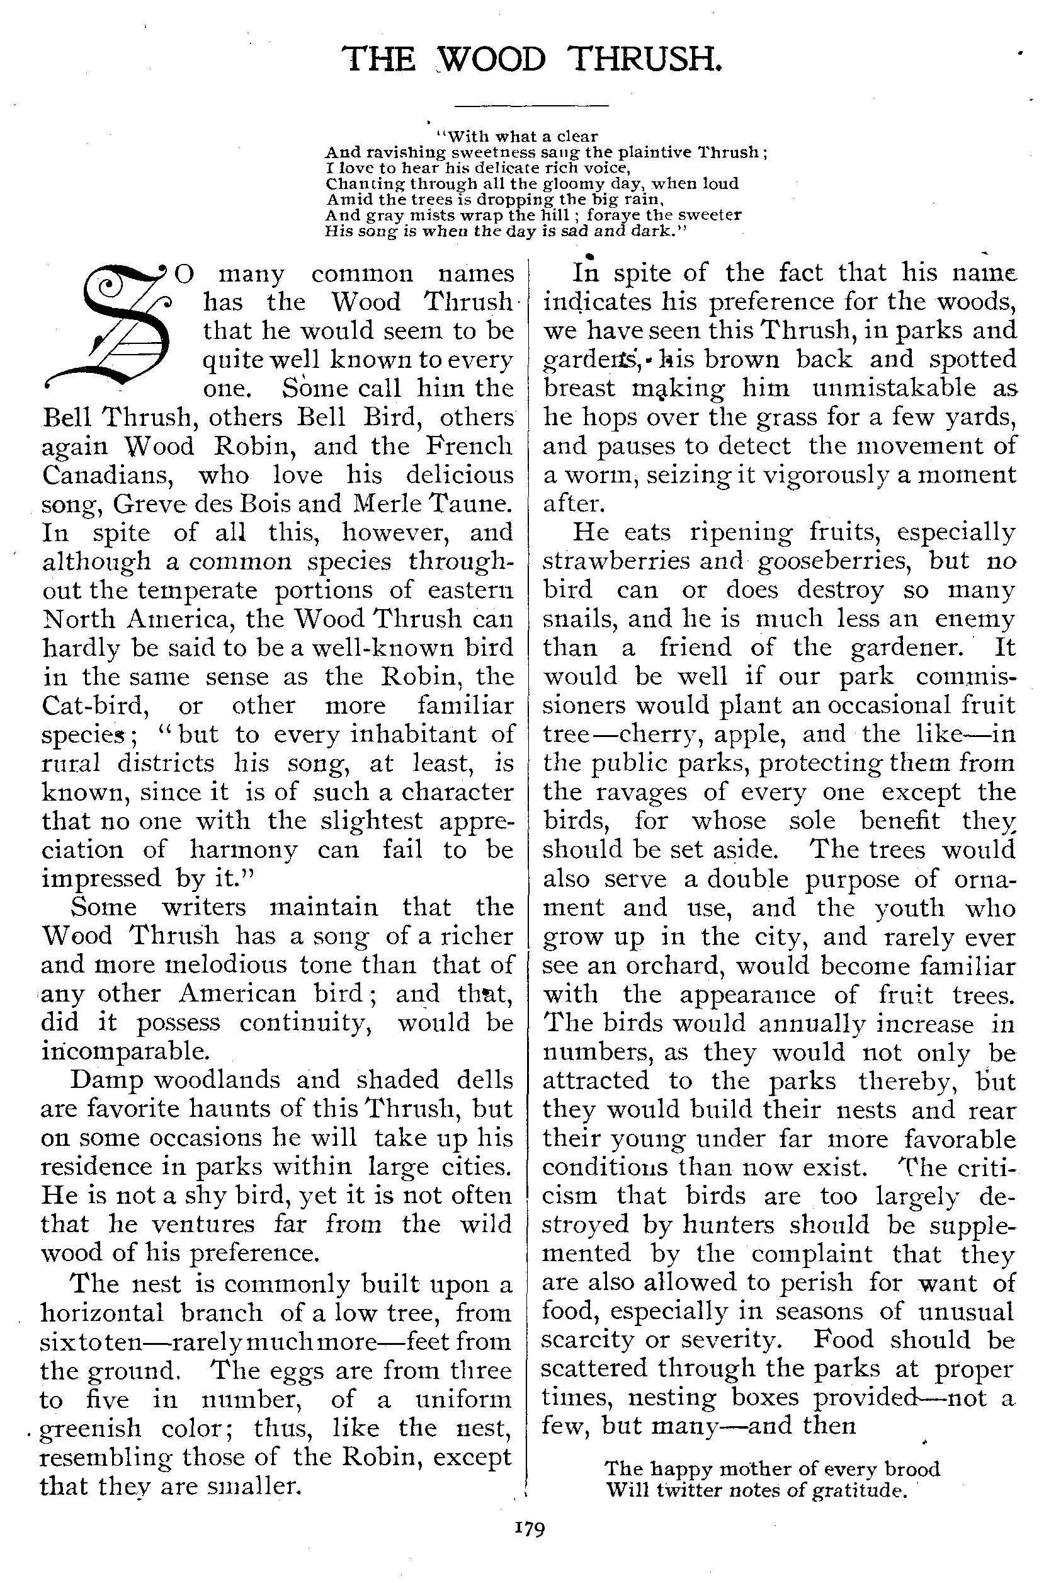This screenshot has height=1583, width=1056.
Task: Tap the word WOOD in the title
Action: click(492, 59)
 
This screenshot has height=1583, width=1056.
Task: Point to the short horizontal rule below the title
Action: click(531, 105)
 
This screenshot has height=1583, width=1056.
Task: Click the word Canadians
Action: click(108, 475)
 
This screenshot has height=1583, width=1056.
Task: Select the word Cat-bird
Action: click(95, 706)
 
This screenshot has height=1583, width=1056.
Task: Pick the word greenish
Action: click(90, 1428)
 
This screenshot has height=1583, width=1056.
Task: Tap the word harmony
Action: click(243, 849)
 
